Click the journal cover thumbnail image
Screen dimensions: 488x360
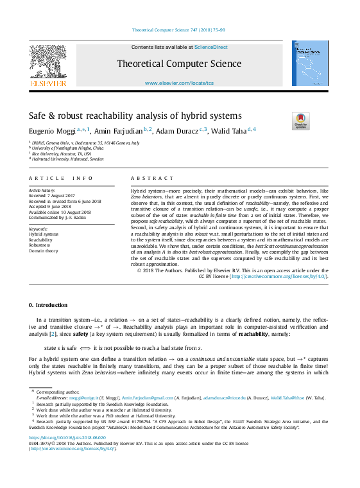(x=310, y=64)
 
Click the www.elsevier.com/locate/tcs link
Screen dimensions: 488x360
(x=179, y=83)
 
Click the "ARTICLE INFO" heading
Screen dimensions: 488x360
(x=56, y=177)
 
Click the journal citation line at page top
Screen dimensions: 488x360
(x=179, y=30)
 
